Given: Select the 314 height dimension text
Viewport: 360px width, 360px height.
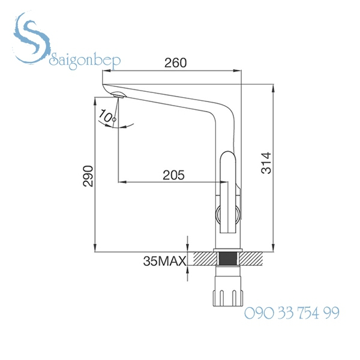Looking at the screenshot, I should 268,162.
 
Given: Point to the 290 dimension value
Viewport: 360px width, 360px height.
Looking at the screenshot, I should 88,175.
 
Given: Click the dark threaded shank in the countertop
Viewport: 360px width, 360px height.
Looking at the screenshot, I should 227,259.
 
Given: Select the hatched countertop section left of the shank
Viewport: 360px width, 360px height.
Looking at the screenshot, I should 204,259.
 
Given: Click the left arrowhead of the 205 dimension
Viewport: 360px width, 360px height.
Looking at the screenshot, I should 122,181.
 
